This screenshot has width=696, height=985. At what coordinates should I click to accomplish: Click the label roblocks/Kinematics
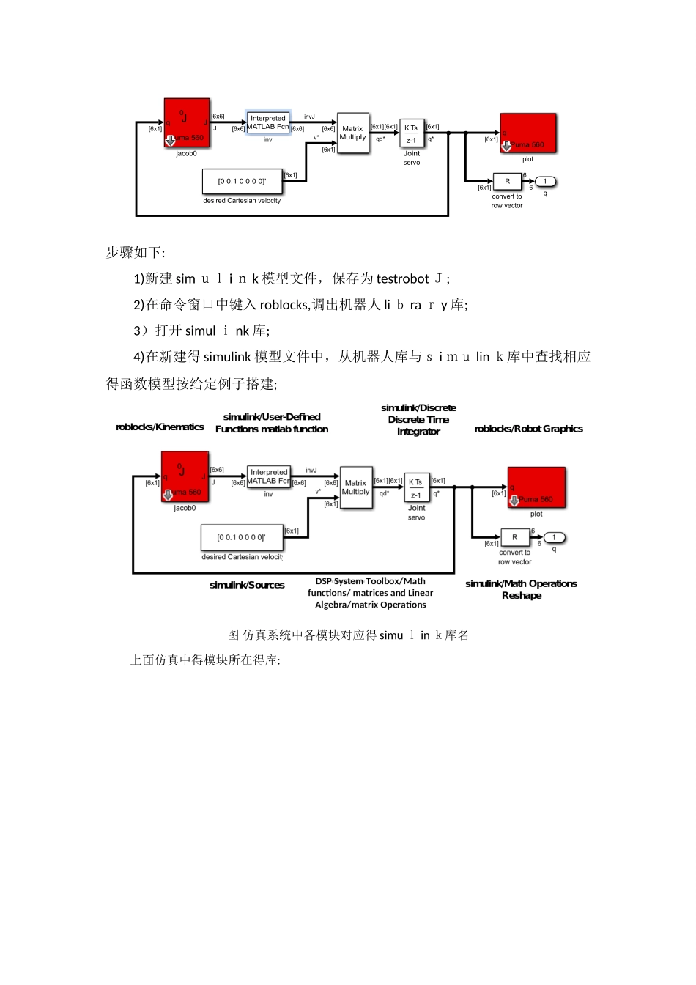point(160,427)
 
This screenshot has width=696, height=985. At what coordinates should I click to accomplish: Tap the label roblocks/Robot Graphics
point(528,429)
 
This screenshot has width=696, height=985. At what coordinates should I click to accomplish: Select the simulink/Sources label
point(247,585)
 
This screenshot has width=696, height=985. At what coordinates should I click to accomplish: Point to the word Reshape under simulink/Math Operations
point(522,596)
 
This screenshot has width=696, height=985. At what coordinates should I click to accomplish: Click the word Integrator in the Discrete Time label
point(418,432)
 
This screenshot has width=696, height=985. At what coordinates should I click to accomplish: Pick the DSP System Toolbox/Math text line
point(370,581)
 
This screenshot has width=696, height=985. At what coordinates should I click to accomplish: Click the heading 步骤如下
point(135,253)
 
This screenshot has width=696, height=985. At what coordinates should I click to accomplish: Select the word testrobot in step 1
point(402,279)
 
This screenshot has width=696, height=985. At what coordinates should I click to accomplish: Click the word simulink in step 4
point(227,357)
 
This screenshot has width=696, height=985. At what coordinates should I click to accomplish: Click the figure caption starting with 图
point(348,635)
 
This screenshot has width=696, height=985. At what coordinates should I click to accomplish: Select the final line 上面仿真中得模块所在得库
point(205,660)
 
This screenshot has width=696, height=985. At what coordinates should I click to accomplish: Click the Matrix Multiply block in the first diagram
point(352,133)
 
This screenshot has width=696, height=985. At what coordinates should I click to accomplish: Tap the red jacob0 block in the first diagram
point(187,123)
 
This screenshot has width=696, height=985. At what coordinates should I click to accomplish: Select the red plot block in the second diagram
point(536,487)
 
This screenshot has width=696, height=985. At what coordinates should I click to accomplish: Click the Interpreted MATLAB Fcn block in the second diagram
point(269,477)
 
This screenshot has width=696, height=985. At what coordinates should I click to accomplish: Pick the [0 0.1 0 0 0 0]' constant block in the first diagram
point(242,181)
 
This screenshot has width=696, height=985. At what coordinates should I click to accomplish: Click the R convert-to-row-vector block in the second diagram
point(514,538)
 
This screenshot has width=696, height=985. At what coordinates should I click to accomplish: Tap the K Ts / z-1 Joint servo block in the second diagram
point(415,488)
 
